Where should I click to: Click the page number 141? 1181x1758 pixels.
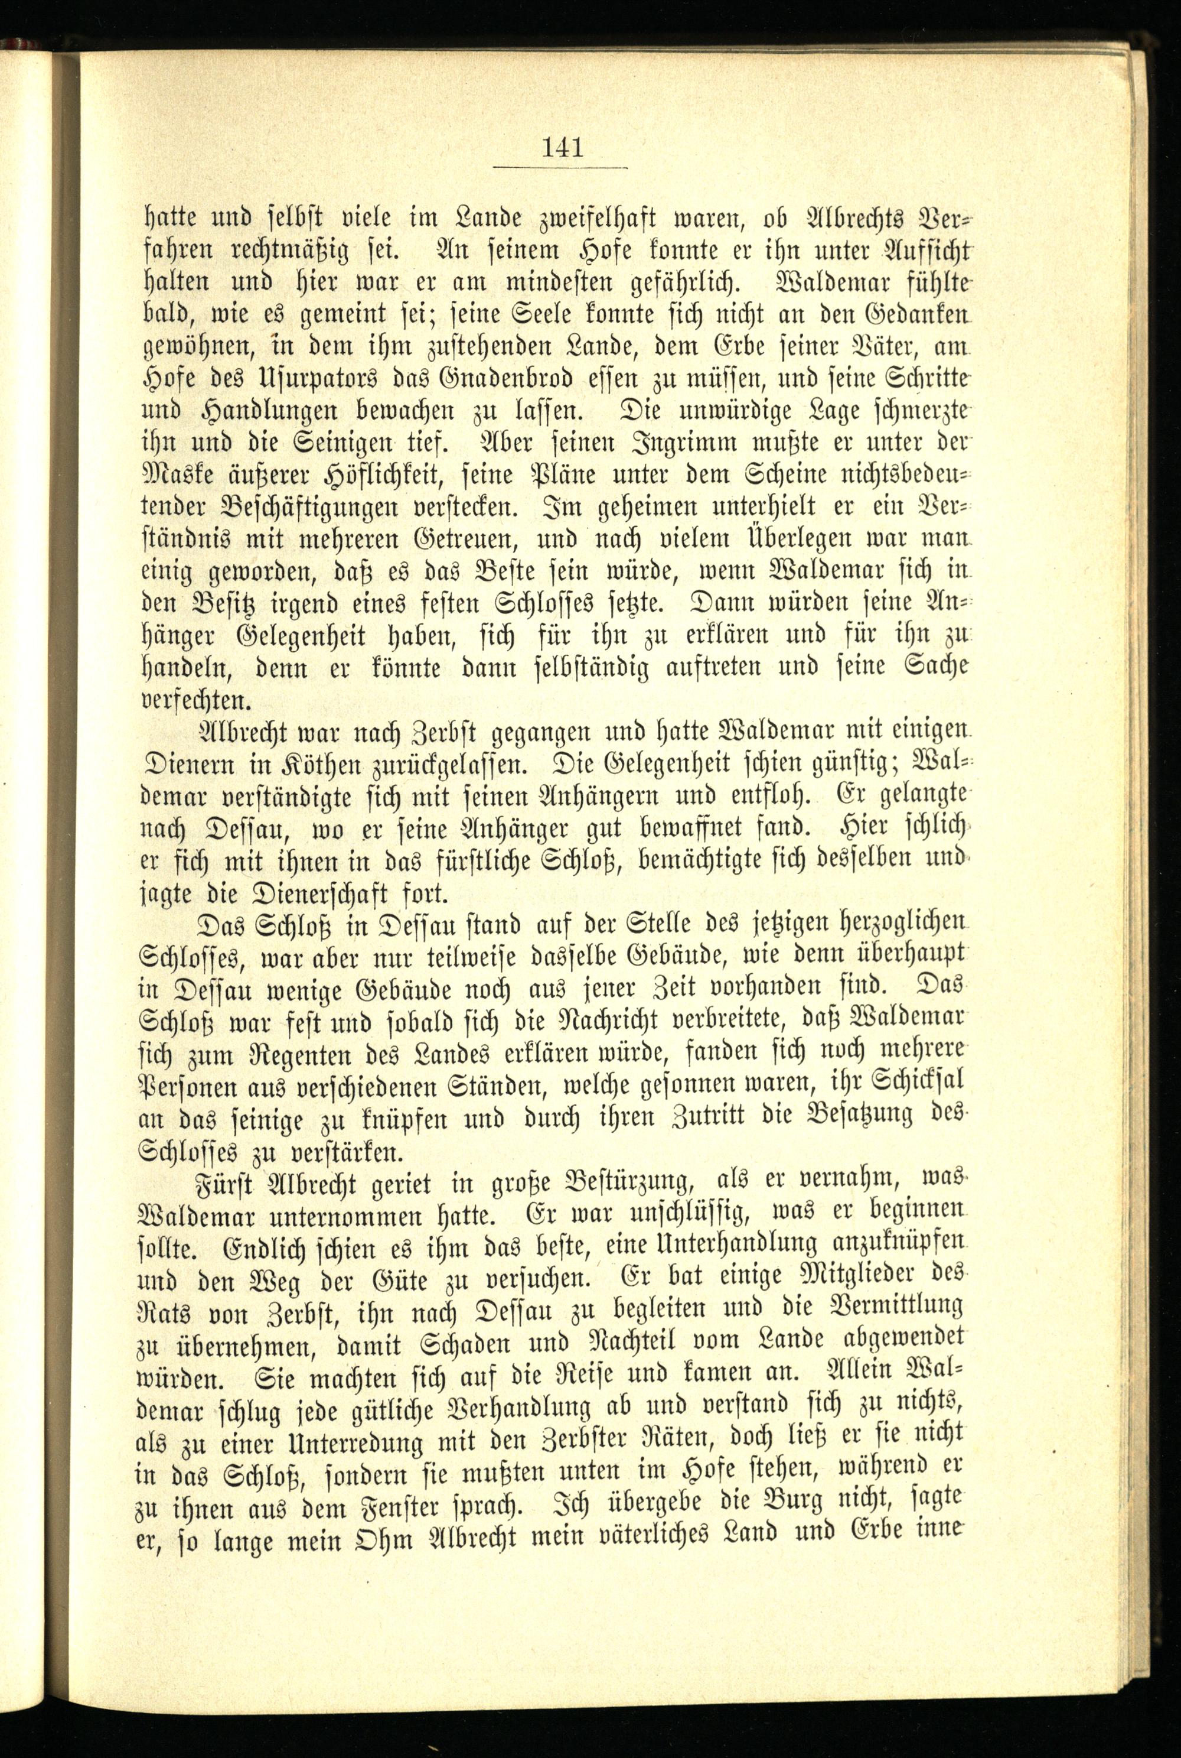[562, 146]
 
